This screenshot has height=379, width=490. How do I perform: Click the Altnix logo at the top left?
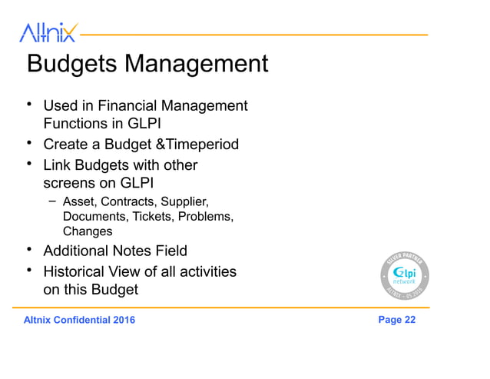tap(48, 33)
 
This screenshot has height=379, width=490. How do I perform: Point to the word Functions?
tap(76, 123)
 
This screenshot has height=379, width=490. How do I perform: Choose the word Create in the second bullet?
tap(66, 145)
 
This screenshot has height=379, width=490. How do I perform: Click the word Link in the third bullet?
tap(56, 165)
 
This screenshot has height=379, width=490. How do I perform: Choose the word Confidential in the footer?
tap(81, 321)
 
